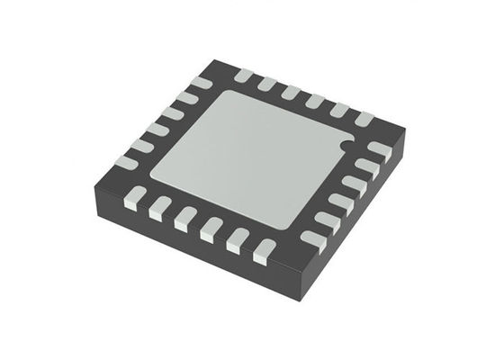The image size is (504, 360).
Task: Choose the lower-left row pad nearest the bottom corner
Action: [263, 253]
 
